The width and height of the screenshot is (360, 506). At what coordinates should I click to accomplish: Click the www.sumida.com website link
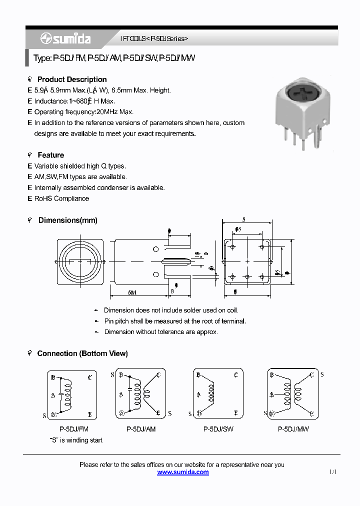(182, 472)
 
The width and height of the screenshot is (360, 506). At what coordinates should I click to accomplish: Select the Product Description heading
(72, 79)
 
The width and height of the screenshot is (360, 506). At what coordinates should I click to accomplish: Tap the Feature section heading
(50, 155)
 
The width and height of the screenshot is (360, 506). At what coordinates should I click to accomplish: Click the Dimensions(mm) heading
(67, 220)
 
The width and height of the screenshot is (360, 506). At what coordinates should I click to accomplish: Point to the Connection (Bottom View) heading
(82, 353)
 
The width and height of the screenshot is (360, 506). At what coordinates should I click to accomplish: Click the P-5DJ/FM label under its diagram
(74, 429)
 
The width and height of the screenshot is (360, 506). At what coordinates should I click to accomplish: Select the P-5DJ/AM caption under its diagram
(141, 429)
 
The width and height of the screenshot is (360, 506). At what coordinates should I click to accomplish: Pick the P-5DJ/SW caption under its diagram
(218, 429)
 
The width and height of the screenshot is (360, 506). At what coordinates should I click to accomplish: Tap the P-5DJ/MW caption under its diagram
(295, 429)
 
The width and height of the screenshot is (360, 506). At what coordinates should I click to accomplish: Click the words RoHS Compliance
(61, 198)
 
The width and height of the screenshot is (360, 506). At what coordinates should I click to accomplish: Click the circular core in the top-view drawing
(79, 261)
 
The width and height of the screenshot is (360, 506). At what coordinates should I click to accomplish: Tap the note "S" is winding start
(76, 440)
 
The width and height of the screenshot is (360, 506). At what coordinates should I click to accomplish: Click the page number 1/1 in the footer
(333, 472)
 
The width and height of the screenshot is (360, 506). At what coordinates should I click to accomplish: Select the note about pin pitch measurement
(175, 321)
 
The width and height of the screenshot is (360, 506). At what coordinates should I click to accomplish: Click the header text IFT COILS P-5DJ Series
(155, 38)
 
